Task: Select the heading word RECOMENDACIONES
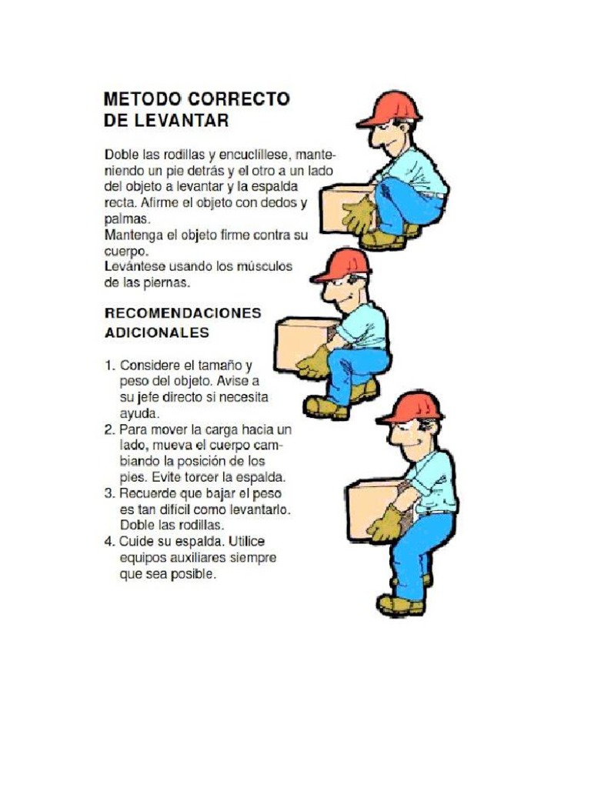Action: click(x=182, y=313)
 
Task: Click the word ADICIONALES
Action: click(x=156, y=333)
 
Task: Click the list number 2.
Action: click(x=109, y=429)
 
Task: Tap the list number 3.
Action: click(x=109, y=493)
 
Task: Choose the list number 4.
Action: click(x=109, y=542)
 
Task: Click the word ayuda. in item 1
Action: click(x=139, y=413)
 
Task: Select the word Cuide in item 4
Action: click(x=138, y=542)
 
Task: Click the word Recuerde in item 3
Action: click(x=149, y=493)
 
